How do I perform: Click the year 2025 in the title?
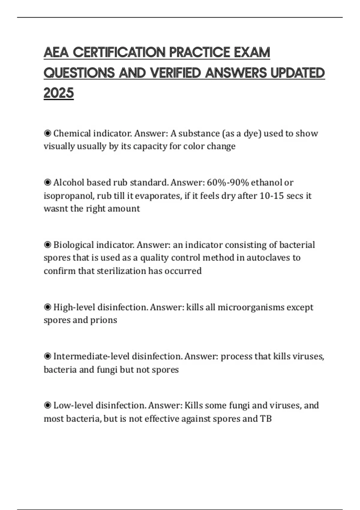pyautogui.click(x=58, y=93)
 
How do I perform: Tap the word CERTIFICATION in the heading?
pyautogui.click(x=119, y=52)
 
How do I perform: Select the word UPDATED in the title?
pyautogui.click(x=298, y=73)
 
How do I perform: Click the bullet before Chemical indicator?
pyautogui.click(x=47, y=133)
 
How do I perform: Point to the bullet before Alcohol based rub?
pyautogui.click(x=47, y=182)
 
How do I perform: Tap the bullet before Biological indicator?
pyautogui.click(x=47, y=245)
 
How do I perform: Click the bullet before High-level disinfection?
pyautogui.click(x=47, y=307)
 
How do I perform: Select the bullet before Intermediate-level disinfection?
pyautogui.click(x=47, y=356)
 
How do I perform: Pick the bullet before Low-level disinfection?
pyautogui.click(x=47, y=406)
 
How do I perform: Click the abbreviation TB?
pyautogui.click(x=266, y=418)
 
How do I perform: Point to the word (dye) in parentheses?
pyautogui.click(x=252, y=133)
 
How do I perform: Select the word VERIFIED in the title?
pyautogui.click(x=175, y=73)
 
